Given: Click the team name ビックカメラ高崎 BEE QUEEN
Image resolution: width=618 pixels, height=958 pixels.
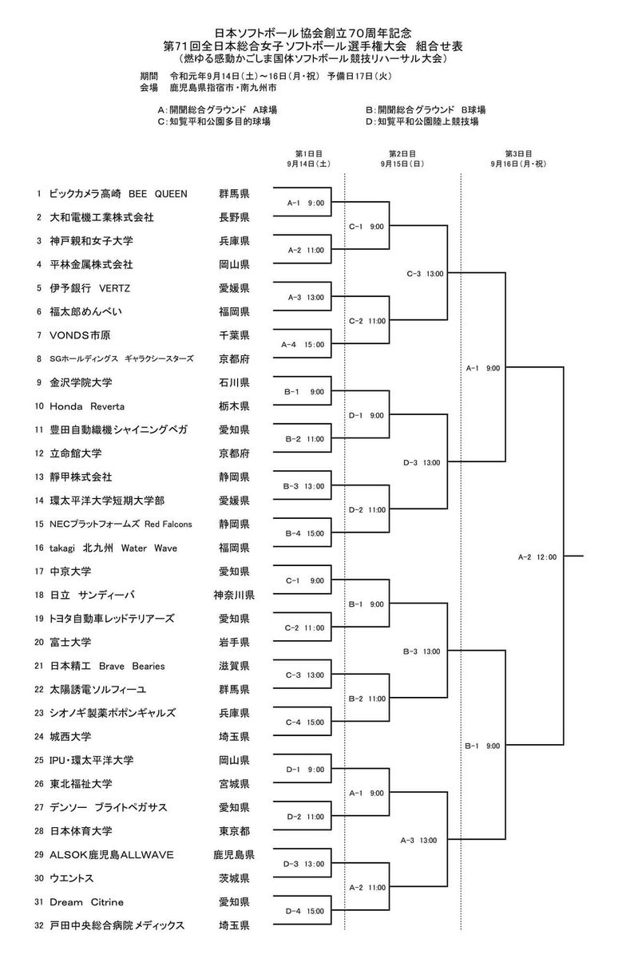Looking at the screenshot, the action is (x=118, y=194).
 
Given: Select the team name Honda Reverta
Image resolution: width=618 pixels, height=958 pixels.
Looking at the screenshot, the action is (x=87, y=406).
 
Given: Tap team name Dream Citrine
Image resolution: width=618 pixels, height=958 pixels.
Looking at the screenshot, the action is (x=86, y=902).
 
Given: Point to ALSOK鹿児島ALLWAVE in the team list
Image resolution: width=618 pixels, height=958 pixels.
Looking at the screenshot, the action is (x=112, y=855).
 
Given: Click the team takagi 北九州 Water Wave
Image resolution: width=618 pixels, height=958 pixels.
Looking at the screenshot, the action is (x=113, y=548).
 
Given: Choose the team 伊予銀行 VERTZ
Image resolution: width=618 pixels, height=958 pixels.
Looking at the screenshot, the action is (x=89, y=288).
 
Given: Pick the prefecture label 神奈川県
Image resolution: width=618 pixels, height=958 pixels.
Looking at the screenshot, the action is (x=234, y=595).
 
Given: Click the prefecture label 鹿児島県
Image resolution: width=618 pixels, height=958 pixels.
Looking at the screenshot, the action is (x=234, y=855).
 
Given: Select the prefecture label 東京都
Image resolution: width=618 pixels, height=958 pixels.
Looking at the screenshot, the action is (x=234, y=831).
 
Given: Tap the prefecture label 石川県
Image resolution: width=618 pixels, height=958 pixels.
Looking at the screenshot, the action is (x=234, y=382).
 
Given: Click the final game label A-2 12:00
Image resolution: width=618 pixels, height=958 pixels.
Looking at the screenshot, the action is (x=537, y=557).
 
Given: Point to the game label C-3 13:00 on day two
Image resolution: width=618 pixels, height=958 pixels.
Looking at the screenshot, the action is (x=425, y=274).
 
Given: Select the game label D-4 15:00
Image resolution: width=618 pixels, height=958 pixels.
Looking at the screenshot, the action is (x=305, y=911).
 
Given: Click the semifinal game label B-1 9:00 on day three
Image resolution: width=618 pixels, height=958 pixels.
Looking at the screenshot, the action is (x=482, y=746).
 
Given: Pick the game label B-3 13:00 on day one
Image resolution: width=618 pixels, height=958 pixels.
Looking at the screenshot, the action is (x=303, y=486).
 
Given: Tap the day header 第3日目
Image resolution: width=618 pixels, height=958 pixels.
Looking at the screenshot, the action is (x=518, y=153).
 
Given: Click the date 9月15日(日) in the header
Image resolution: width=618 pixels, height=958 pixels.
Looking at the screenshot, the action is (x=402, y=164).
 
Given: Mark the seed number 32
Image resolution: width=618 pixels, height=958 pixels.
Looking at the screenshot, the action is (x=39, y=925).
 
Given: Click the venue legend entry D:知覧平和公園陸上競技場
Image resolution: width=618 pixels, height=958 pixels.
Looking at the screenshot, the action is (x=422, y=121).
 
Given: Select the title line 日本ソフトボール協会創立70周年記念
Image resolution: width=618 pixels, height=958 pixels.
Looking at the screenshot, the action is (x=313, y=33).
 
